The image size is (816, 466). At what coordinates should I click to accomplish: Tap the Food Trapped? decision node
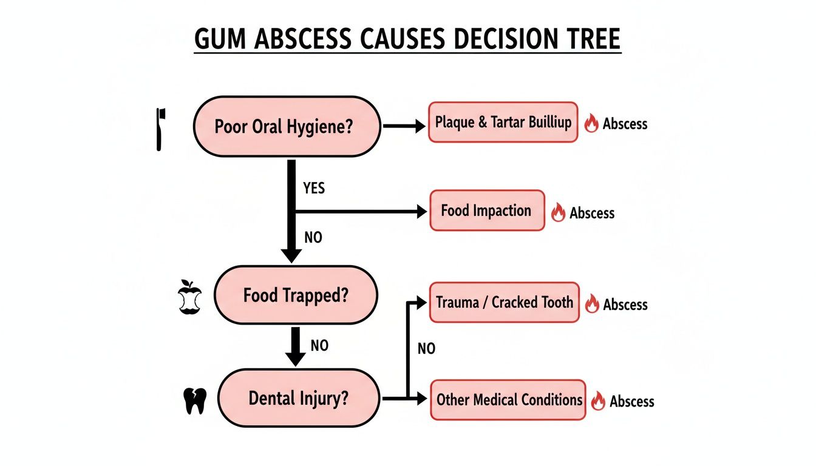tap(296, 295)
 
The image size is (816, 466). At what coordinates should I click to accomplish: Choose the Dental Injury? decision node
tap(298, 398)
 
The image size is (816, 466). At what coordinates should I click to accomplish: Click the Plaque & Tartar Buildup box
tap(503, 123)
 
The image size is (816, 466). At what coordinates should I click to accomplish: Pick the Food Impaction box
tap(487, 211)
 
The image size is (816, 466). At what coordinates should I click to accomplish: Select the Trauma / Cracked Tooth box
tap(504, 302)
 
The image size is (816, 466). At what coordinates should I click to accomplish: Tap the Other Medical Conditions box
tap(508, 400)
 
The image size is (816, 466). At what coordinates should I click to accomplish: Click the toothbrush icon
tap(160, 129)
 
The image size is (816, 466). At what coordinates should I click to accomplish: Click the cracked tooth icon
tap(195, 401)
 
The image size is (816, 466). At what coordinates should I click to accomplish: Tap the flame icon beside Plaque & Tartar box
tap(591, 124)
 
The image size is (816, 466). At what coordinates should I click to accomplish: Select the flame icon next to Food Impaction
tap(558, 212)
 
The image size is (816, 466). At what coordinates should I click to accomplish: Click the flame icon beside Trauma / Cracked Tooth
tap(592, 304)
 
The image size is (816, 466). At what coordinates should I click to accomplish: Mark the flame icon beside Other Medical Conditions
tap(598, 400)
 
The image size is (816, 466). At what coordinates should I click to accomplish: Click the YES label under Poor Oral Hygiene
tap(313, 188)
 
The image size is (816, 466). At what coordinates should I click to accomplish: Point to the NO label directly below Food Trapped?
tap(319, 345)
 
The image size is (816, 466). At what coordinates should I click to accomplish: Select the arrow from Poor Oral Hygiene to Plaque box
tap(404, 126)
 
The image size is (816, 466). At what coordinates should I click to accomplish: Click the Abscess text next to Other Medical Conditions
tap(631, 401)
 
